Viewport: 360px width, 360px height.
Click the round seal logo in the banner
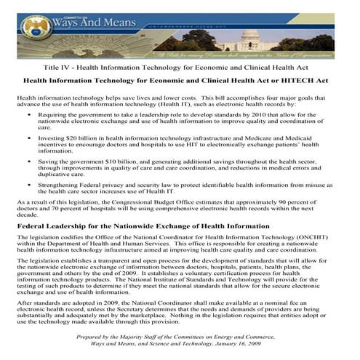[x=36, y=28]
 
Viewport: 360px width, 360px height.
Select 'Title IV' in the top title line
[x=57, y=67]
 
